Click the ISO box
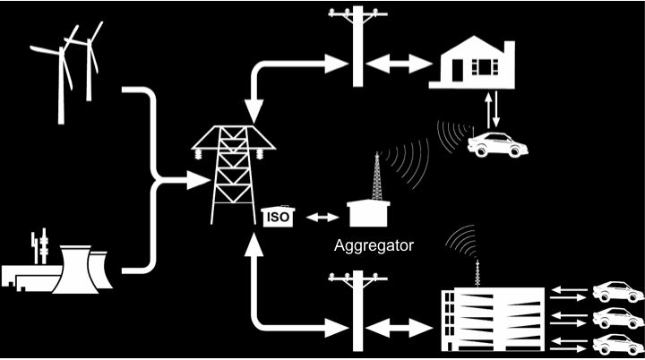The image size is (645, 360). coord(279,216)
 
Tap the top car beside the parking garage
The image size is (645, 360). coord(617,292)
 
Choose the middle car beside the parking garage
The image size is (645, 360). coord(617,317)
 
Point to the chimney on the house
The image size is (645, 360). coord(509,48)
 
